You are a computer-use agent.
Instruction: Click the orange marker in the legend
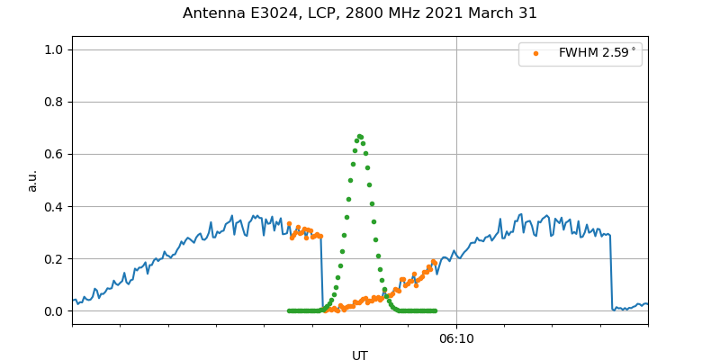(535, 53)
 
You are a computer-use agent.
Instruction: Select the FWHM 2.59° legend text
(597, 53)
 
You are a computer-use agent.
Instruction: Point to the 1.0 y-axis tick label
(53, 49)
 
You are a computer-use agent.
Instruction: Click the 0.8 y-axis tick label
(53, 102)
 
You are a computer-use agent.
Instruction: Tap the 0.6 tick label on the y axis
(53, 154)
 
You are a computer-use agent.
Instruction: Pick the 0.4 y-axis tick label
(53, 206)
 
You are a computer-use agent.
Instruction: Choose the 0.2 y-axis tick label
(53, 258)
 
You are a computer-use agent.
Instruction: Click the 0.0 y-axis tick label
(53, 311)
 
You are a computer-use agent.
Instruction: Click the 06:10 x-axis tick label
(456, 337)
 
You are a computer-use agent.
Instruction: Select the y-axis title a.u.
(32, 180)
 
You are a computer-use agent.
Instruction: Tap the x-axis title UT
(360, 355)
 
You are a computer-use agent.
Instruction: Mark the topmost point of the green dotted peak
(359, 136)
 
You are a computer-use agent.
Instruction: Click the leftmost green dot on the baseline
(289, 310)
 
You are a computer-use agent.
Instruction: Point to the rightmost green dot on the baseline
(435, 310)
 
